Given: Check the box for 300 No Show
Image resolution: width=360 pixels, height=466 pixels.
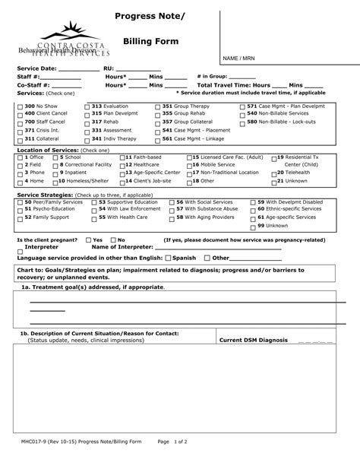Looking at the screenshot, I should pyautogui.click(x=20, y=107).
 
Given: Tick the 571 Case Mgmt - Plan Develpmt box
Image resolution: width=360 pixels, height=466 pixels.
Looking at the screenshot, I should pyautogui.click(x=243, y=107).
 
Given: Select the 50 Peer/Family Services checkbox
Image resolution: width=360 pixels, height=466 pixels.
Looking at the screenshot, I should pyautogui.click(x=20, y=201).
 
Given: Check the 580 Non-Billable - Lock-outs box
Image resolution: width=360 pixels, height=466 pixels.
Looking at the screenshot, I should pyautogui.click(x=243, y=122).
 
